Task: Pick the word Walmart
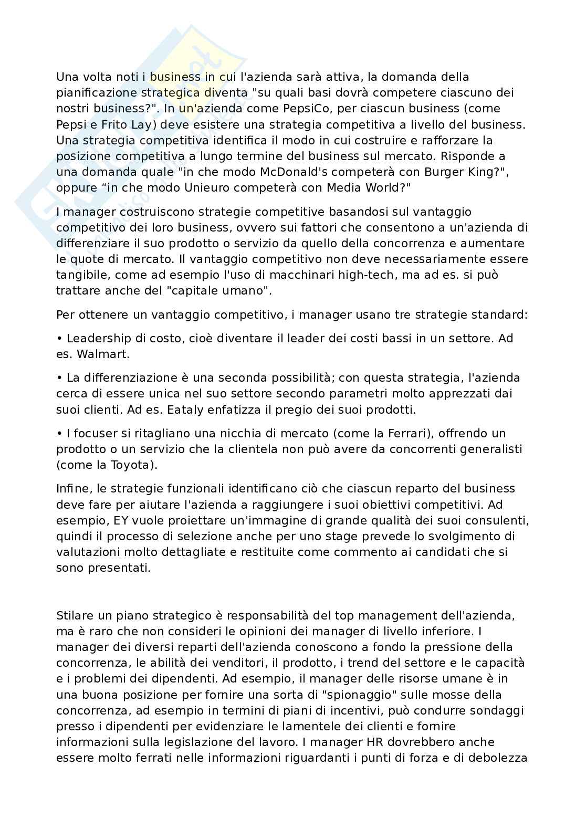(103, 354)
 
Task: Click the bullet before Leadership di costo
(59, 339)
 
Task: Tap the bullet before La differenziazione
(59, 378)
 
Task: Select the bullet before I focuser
(59, 434)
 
